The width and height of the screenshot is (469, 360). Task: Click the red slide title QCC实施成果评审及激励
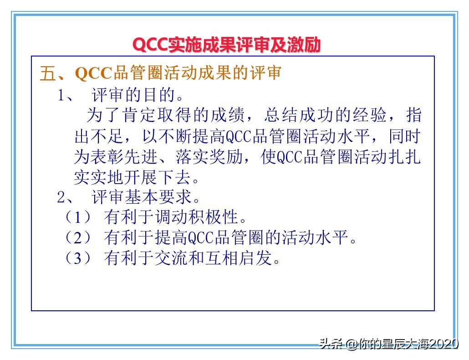[226, 45]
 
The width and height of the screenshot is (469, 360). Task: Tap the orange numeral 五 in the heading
[47, 74]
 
